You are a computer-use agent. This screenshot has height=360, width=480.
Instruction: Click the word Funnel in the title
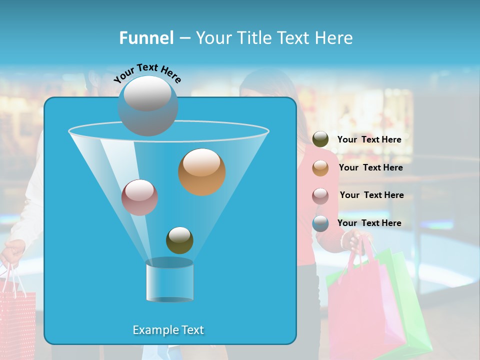146,38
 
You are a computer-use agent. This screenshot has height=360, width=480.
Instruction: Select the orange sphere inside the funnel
201,171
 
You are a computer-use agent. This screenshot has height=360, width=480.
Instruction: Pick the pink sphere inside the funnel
139,197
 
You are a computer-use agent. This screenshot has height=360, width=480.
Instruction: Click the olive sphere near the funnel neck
179,240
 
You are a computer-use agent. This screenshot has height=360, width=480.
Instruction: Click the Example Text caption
168,330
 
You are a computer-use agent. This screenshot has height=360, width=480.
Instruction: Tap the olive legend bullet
320,139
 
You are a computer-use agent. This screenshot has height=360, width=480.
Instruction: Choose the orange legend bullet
320,168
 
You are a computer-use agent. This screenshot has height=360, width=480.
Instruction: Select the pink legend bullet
320,195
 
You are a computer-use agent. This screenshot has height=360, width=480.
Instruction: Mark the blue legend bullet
320,223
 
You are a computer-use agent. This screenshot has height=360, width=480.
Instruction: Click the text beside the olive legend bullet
369,139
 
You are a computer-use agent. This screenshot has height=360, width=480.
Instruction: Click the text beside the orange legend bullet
370,167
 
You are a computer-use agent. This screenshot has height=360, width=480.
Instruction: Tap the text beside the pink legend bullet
371,195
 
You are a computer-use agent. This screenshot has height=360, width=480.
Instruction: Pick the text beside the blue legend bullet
369,223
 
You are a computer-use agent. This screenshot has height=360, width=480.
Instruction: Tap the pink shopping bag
365,305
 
